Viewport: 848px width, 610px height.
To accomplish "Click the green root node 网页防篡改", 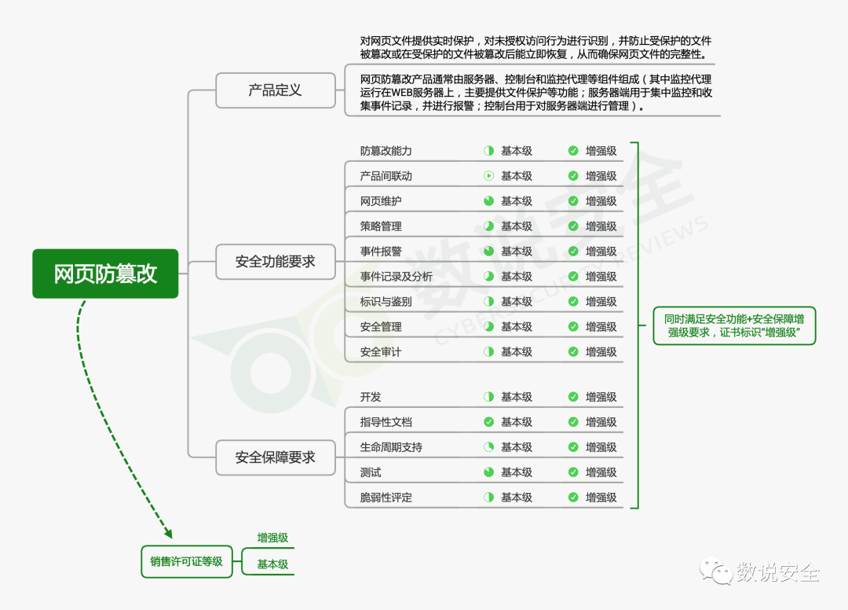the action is pos(105,274).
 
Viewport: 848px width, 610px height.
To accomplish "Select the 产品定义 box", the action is pos(275,90).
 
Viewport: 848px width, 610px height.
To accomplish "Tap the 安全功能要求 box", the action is pos(275,262).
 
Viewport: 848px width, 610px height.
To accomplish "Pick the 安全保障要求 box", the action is pos(275,457).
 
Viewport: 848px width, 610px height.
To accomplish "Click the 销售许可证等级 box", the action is pos(187,561).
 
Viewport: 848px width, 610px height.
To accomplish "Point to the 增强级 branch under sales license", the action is pos(272,538).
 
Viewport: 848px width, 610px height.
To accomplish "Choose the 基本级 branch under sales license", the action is pos(272,564).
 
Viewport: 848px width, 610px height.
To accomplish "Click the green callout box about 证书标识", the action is pos(734,325).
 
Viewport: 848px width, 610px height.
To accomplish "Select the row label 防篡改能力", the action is pos(386,151).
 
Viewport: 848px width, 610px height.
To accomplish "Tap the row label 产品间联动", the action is pos(386,176).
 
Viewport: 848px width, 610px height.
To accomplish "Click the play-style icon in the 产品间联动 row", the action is pos(488,176).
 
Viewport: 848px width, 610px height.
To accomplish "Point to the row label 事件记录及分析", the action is pos(396,277).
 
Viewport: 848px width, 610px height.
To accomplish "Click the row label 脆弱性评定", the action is pos(386,498).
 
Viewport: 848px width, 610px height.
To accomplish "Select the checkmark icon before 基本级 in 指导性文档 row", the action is pos(488,422).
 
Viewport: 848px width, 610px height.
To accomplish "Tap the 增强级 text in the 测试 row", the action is pos(601,472).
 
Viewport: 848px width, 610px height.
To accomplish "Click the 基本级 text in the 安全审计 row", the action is pos(516,352).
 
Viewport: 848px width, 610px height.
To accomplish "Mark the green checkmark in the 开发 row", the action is pos(573,397).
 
